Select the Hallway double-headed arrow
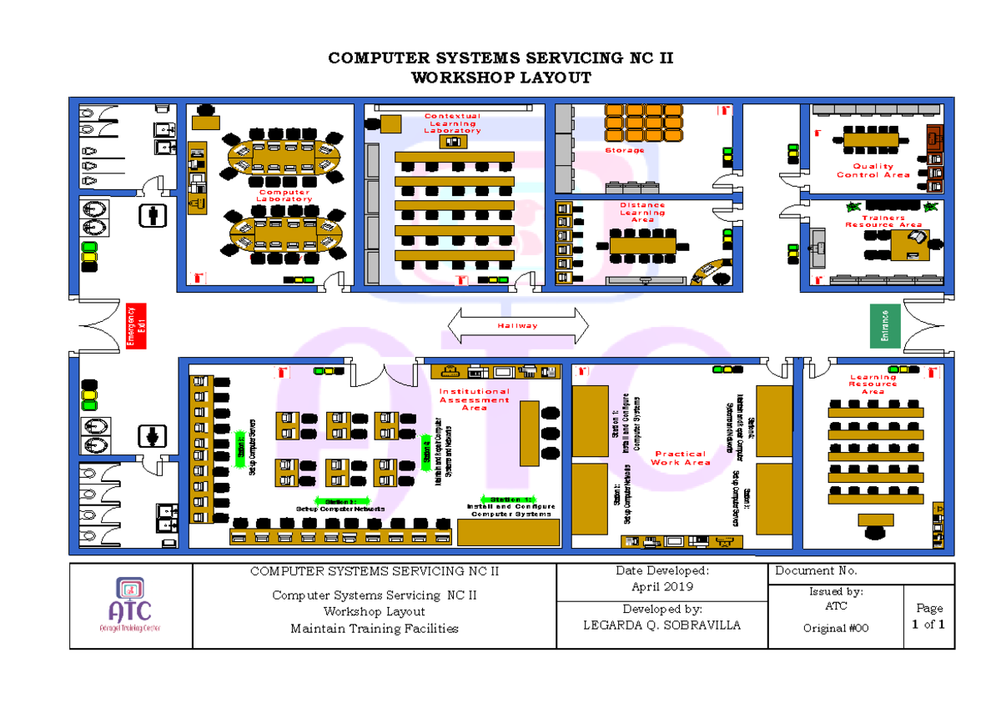coord(518,325)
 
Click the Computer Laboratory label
coord(284,196)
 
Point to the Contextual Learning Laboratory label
coord(452,123)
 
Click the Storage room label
coord(625,150)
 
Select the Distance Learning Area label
coord(642,212)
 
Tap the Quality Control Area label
coord(873,171)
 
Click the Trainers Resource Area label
coord(883,221)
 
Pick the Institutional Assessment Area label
coord(474,399)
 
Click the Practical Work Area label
coord(681,458)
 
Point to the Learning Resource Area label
coord(873,384)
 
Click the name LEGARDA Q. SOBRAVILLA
coord(662,625)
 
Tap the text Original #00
coord(835,628)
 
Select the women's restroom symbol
coord(153,436)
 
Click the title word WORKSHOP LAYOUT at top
coord(500,78)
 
